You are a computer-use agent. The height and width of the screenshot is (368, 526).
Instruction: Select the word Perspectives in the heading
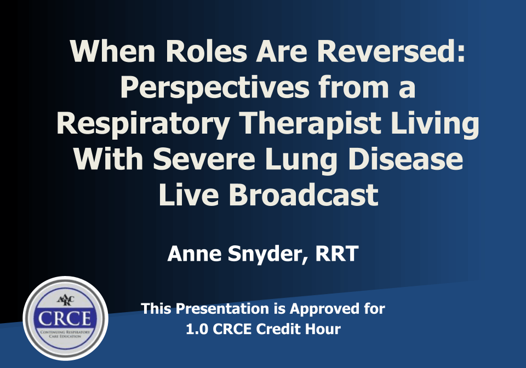point(215,88)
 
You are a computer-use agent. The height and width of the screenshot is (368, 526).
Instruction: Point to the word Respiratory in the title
point(143,124)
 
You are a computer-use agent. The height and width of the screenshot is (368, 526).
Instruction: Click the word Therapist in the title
point(311,124)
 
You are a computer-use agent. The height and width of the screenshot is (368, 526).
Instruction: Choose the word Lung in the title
point(301,160)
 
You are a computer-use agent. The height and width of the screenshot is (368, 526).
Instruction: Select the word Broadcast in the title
point(304,195)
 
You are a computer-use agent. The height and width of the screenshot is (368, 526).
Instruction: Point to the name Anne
point(194,254)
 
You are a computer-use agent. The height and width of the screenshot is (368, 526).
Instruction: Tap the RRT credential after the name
point(337,254)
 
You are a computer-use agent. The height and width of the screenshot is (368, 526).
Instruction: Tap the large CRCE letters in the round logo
point(65,318)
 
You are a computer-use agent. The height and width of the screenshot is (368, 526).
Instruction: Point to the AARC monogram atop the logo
point(65,300)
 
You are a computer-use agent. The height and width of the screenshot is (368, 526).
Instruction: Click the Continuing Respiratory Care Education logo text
point(65,334)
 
